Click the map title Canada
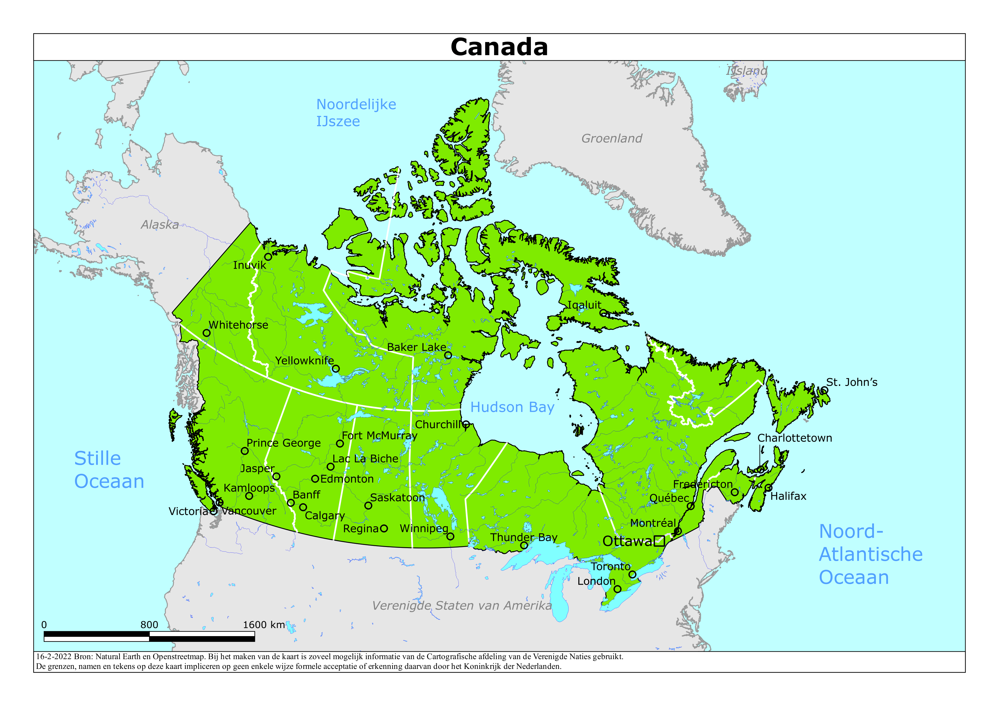[x=499, y=47]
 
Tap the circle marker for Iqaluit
[x=603, y=313]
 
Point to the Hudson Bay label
[x=512, y=407]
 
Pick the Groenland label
[x=611, y=138]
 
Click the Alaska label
[x=160, y=225]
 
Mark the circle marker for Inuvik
[x=268, y=257]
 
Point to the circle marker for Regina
[x=384, y=529]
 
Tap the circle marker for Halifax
[x=769, y=488]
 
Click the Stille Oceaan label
[x=109, y=470]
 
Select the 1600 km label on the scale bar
[x=264, y=625]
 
